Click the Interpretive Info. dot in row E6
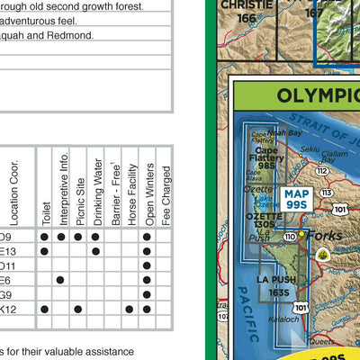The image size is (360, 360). click(x=61, y=280)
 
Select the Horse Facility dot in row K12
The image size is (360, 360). click(x=130, y=309)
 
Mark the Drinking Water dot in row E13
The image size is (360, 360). click(x=95, y=251)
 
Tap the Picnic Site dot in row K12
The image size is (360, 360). click(x=78, y=309)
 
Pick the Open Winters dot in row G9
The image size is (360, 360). click(x=147, y=294)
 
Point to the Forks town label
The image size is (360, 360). click(x=321, y=236)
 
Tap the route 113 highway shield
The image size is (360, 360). click(x=325, y=193)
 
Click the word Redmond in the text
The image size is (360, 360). click(x=75, y=35)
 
